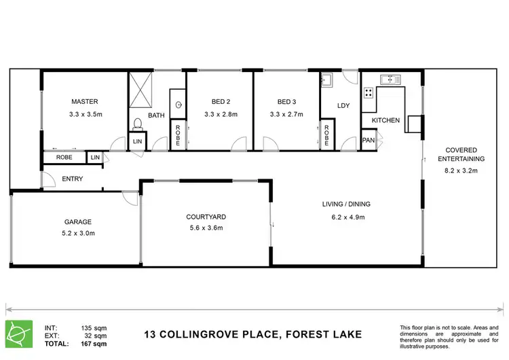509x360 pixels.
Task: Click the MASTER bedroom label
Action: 84,102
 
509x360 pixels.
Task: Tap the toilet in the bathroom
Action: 137,123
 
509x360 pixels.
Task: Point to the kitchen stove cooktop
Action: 369,92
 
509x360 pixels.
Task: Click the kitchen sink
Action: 390,79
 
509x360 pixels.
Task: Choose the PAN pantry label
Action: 369,141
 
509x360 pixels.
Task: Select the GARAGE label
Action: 78,221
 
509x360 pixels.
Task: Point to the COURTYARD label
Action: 206,217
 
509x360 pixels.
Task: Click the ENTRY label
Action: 72,179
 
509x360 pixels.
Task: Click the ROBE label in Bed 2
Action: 177,136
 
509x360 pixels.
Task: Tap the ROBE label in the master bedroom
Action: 64,158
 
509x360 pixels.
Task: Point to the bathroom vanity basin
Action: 178,105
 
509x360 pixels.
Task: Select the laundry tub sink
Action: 326,79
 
